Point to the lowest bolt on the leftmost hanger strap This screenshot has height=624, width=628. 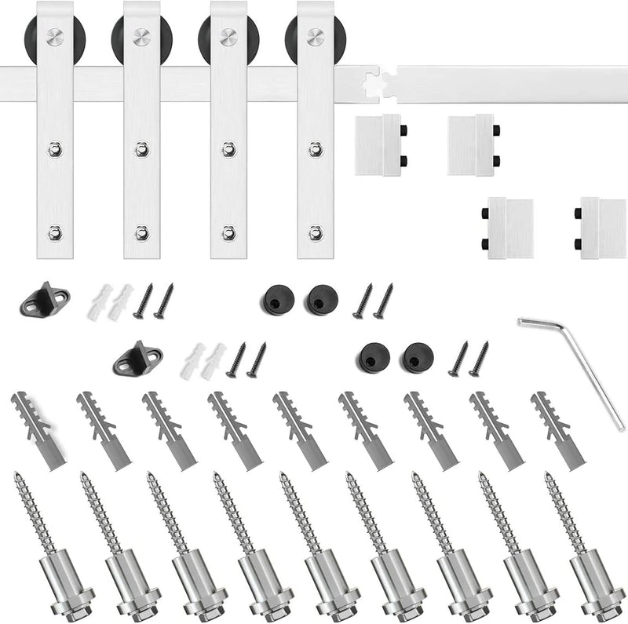pos(54,232)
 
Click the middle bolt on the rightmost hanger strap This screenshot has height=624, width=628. pos(316,148)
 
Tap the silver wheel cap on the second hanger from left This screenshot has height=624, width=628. pos(141,35)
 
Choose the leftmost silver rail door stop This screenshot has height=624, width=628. pos(380,144)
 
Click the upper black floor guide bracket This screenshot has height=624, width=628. pos(46,300)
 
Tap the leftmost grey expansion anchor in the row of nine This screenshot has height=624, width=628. pos(38,432)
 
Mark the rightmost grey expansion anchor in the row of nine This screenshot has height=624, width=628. pos(559,431)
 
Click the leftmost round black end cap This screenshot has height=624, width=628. pos(274,298)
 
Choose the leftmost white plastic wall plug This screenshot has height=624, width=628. pos(101,302)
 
